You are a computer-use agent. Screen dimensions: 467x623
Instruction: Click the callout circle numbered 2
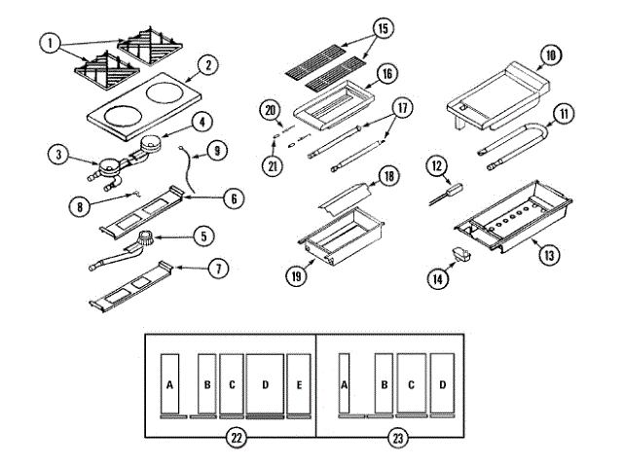click(205, 67)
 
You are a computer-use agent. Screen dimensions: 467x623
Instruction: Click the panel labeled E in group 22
click(298, 384)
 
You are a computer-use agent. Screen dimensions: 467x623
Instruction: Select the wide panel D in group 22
click(264, 384)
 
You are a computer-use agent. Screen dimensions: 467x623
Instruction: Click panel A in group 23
click(344, 384)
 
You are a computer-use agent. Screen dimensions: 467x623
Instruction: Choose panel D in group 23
click(442, 384)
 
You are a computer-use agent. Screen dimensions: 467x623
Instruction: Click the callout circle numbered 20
click(270, 111)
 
